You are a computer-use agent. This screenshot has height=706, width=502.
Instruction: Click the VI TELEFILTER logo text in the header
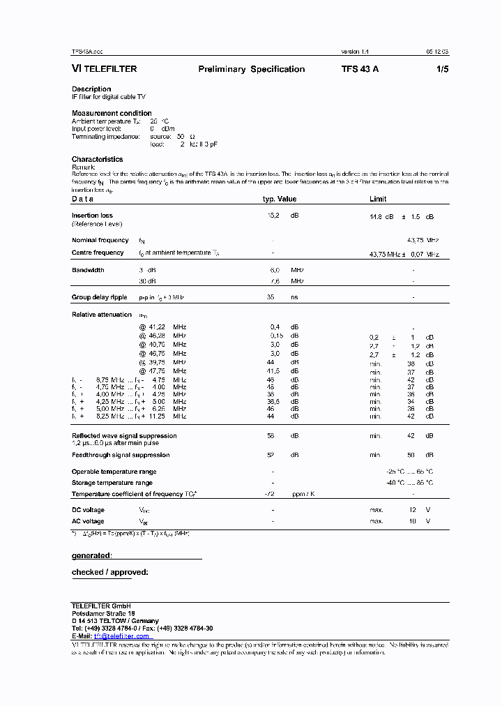pyautogui.click(x=105, y=69)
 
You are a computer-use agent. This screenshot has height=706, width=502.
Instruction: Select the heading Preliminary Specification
pyautogui.click(x=251, y=69)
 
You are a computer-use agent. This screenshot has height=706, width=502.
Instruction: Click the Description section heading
pyautogui.click(x=91, y=89)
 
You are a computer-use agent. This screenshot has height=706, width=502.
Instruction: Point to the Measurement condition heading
pyautogui.click(x=112, y=113)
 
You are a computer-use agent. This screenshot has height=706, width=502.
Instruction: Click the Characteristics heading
pyautogui.click(x=97, y=160)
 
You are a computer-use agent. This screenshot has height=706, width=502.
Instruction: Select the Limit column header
pyautogui.click(x=378, y=199)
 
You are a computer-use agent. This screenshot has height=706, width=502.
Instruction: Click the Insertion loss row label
pyautogui.click(x=92, y=216)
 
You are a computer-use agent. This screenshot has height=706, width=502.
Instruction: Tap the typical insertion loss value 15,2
pyautogui.click(x=273, y=216)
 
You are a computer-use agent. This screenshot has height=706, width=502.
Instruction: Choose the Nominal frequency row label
pyautogui.click(x=100, y=240)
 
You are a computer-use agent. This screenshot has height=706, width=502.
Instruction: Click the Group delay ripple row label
pyautogui.click(x=100, y=297)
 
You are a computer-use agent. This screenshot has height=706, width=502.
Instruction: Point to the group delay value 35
pyautogui.click(x=271, y=297)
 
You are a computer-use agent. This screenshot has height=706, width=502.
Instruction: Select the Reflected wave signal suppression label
pyautogui.click(x=124, y=435)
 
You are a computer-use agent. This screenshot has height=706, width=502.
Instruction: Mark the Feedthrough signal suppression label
pyautogui.click(x=121, y=455)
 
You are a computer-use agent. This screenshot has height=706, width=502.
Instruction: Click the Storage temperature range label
pyautogui.click(x=112, y=483)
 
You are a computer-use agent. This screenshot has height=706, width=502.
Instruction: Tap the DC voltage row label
pyautogui.click(x=88, y=510)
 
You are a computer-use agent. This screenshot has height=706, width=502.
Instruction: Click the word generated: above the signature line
pyautogui.click(x=91, y=556)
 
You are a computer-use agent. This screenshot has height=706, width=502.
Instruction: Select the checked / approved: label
pyautogui.click(x=109, y=573)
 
